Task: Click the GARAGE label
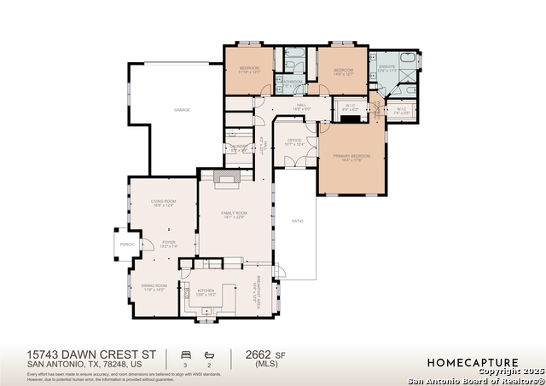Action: (181, 110)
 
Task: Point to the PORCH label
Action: (126, 245)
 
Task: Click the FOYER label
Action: (169, 243)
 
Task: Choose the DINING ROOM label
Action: (154, 285)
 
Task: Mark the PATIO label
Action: (298, 221)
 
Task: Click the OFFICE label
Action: (293, 141)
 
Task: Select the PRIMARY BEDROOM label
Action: (351, 157)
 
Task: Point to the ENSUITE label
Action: (386, 65)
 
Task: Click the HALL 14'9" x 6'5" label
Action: (301, 107)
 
